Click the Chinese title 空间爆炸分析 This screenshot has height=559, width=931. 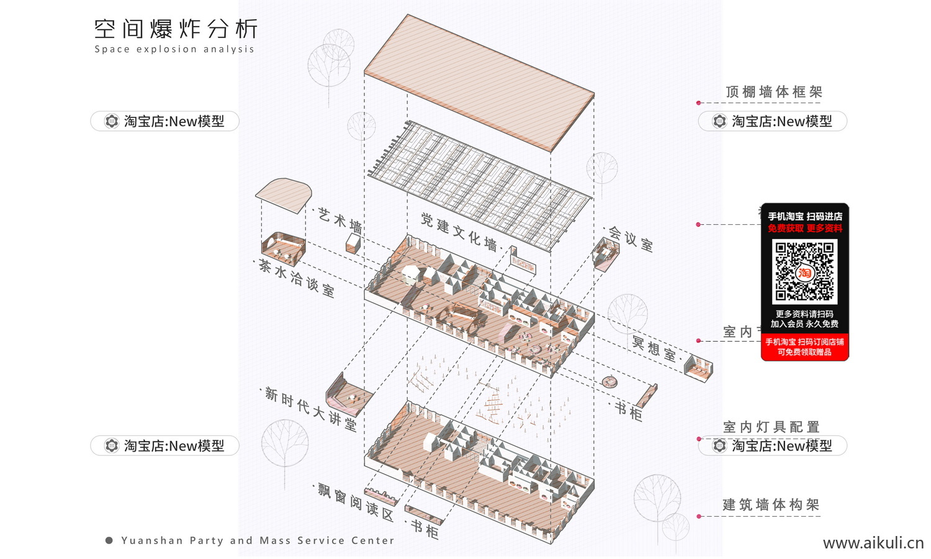[x=176, y=29]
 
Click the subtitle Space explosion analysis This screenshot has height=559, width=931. [x=174, y=49]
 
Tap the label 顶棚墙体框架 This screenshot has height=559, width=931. [x=773, y=92]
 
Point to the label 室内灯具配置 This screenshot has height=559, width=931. [x=771, y=427]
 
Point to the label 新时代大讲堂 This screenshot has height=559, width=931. [x=311, y=409]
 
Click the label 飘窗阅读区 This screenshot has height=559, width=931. [x=356, y=502]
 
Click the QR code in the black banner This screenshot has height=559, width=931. [x=804, y=271]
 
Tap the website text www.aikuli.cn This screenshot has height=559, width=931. [x=873, y=543]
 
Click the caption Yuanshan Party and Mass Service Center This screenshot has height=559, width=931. [x=258, y=540]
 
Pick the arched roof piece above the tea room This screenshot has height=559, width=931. [x=284, y=195]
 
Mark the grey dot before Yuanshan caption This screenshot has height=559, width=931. [x=109, y=540]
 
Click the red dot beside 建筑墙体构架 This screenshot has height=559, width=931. [x=699, y=516]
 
